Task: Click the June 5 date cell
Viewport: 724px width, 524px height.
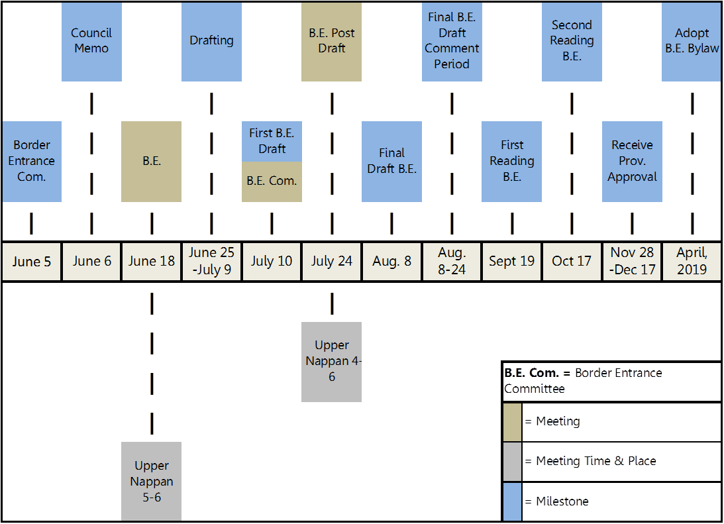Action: click(x=31, y=262)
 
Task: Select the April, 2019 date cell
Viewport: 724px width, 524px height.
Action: click(x=692, y=262)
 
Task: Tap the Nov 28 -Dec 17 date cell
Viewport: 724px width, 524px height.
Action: click(x=632, y=262)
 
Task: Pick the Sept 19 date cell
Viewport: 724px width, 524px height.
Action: click(x=511, y=262)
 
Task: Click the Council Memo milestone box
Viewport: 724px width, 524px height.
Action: click(x=91, y=41)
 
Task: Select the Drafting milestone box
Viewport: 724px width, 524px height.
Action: click(x=211, y=41)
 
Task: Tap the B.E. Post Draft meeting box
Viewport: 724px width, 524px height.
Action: click(x=331, y=41)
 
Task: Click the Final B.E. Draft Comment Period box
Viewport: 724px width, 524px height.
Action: click(x=452, y=41)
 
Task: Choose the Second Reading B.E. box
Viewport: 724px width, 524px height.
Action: click(x=572, y=41)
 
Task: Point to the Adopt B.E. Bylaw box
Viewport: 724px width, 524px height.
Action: click(x=692, y=41)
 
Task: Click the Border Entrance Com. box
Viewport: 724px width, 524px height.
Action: click(x=31, y=161)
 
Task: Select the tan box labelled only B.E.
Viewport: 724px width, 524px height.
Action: click(x=151, y=161)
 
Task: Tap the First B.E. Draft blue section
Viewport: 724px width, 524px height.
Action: click(x=272, y=141)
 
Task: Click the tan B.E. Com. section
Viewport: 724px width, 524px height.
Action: click(x=272, y=182)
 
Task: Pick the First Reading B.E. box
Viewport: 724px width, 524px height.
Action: click(x=511, y=161)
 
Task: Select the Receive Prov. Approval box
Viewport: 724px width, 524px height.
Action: click(x=632, y=161)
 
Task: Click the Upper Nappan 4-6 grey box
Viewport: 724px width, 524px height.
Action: click(x=331, y=362)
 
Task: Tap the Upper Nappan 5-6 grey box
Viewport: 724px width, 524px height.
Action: click(x=151, y=482)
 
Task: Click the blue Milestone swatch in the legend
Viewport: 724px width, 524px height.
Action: click(x=512, y=501)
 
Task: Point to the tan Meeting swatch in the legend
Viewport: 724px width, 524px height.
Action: click(x=512, y=422)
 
